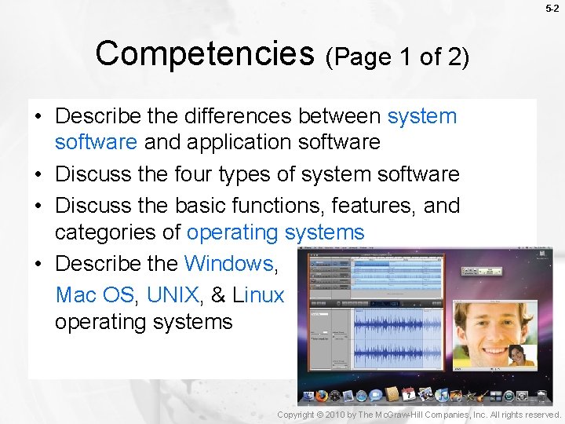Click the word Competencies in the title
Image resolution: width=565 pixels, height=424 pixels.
204,54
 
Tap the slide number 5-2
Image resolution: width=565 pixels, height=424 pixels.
552,9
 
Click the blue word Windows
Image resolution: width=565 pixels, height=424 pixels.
228,262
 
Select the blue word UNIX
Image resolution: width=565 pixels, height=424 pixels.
173,295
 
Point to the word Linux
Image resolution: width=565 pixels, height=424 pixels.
258,295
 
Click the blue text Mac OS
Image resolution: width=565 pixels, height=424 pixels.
95,295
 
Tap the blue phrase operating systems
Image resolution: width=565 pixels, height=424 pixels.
275,232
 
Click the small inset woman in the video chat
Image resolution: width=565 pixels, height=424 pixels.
517,357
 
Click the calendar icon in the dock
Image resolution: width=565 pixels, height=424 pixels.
408,394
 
